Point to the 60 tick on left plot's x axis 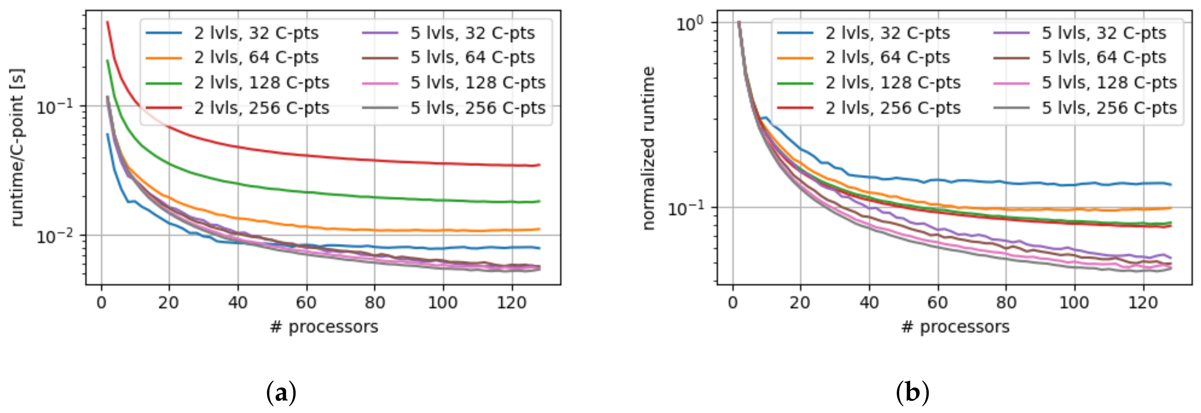[306, 303]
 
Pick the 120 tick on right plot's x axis [1143, 303]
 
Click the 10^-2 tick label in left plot [55, 236]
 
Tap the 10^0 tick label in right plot [692, 23]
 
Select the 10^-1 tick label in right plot [686, 209]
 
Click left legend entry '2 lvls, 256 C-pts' [262, 108]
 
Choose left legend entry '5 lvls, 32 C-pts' [472, 33]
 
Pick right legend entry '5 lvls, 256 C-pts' [1109, 108]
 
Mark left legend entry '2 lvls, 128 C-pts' [262, 83]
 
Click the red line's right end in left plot [539, 165]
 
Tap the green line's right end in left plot [539, 202]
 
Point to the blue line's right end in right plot [1171, 185]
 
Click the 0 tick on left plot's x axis [101, 303]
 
